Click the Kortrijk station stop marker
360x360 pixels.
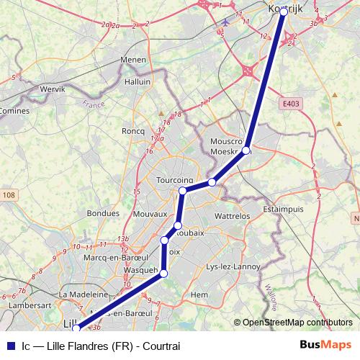click(283, 12)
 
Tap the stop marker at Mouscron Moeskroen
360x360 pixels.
click(246, 150)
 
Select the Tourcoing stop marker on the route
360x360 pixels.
click(183, 190)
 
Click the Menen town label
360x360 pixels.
click(133, 60)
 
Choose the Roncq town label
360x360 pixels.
click(134, 130)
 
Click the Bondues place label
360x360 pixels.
click(102, 213)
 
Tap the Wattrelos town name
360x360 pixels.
click(232, 215)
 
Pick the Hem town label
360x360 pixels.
click(199, 294)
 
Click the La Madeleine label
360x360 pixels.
click(84, 294)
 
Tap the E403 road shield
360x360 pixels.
click(291, 104)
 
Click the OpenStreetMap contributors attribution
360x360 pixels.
click(297, 323)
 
